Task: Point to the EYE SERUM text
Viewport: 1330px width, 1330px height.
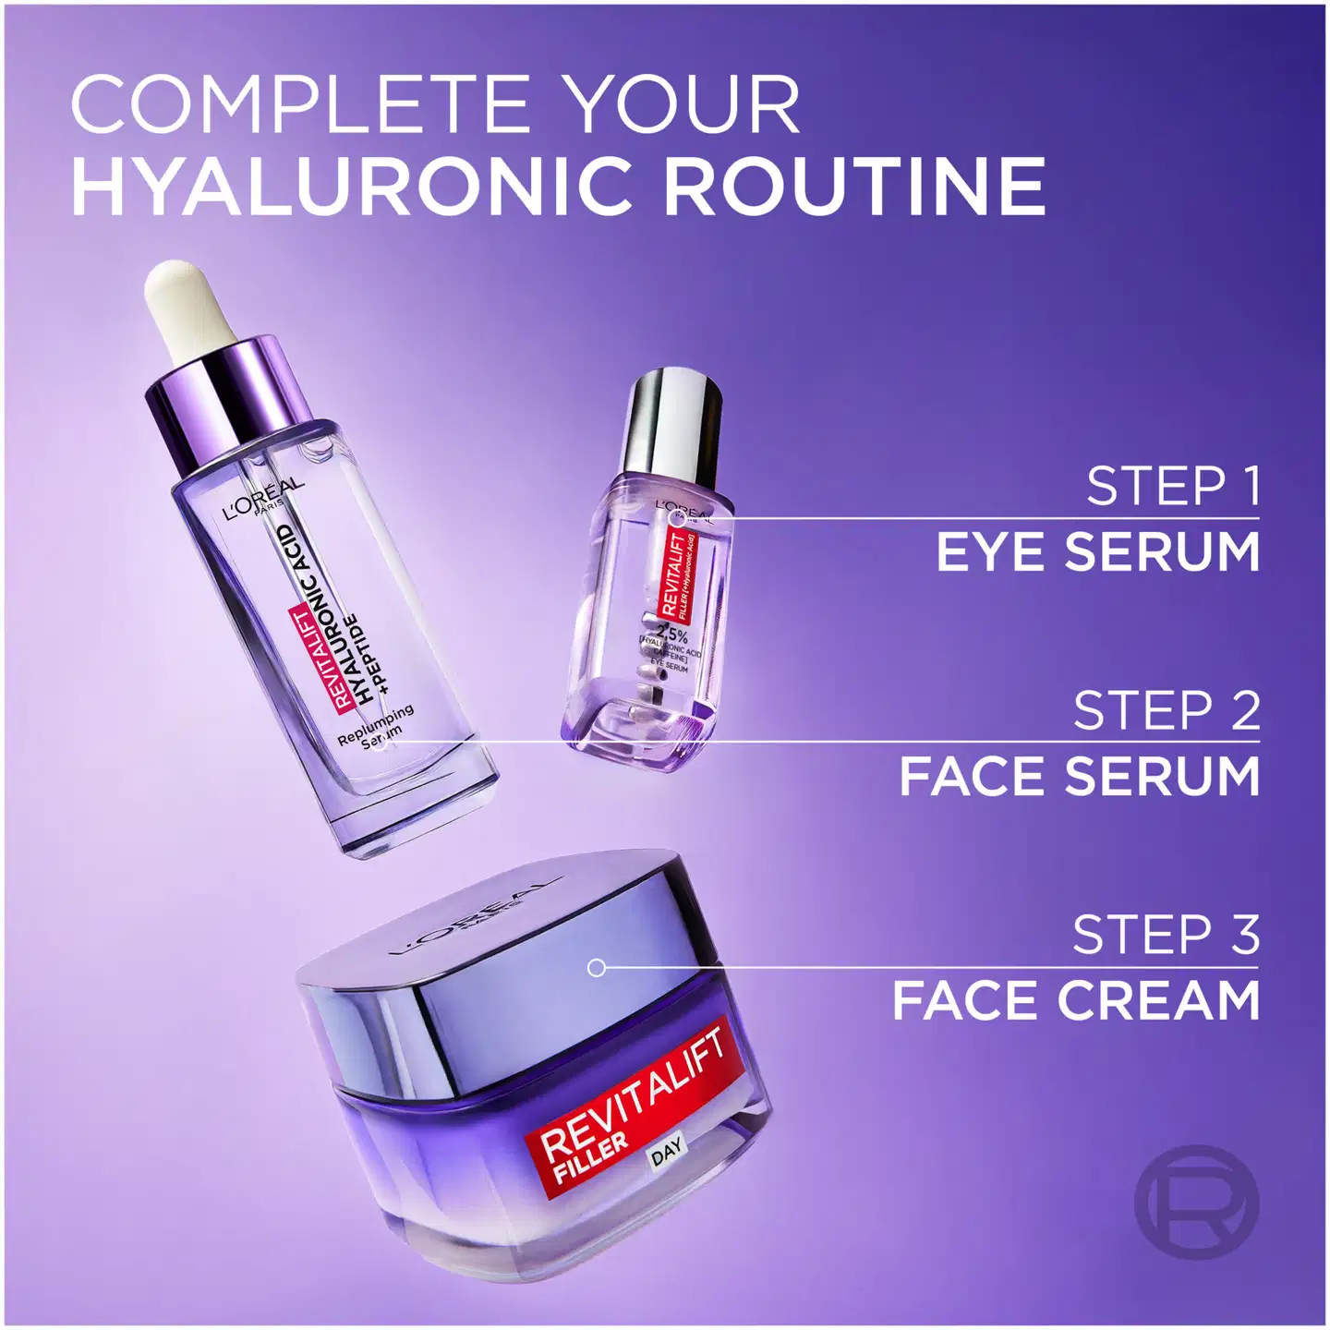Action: (1098, 552)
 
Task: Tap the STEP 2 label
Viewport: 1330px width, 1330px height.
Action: (1167, 710)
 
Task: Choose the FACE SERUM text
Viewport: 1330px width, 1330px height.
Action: (1080, 776)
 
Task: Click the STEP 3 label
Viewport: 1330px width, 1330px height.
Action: (1166, 935)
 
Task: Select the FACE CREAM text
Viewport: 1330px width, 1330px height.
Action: (1076, 1001)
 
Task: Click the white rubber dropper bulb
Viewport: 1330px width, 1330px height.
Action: (189, 309)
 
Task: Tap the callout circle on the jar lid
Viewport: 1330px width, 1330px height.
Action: (597, 967)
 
